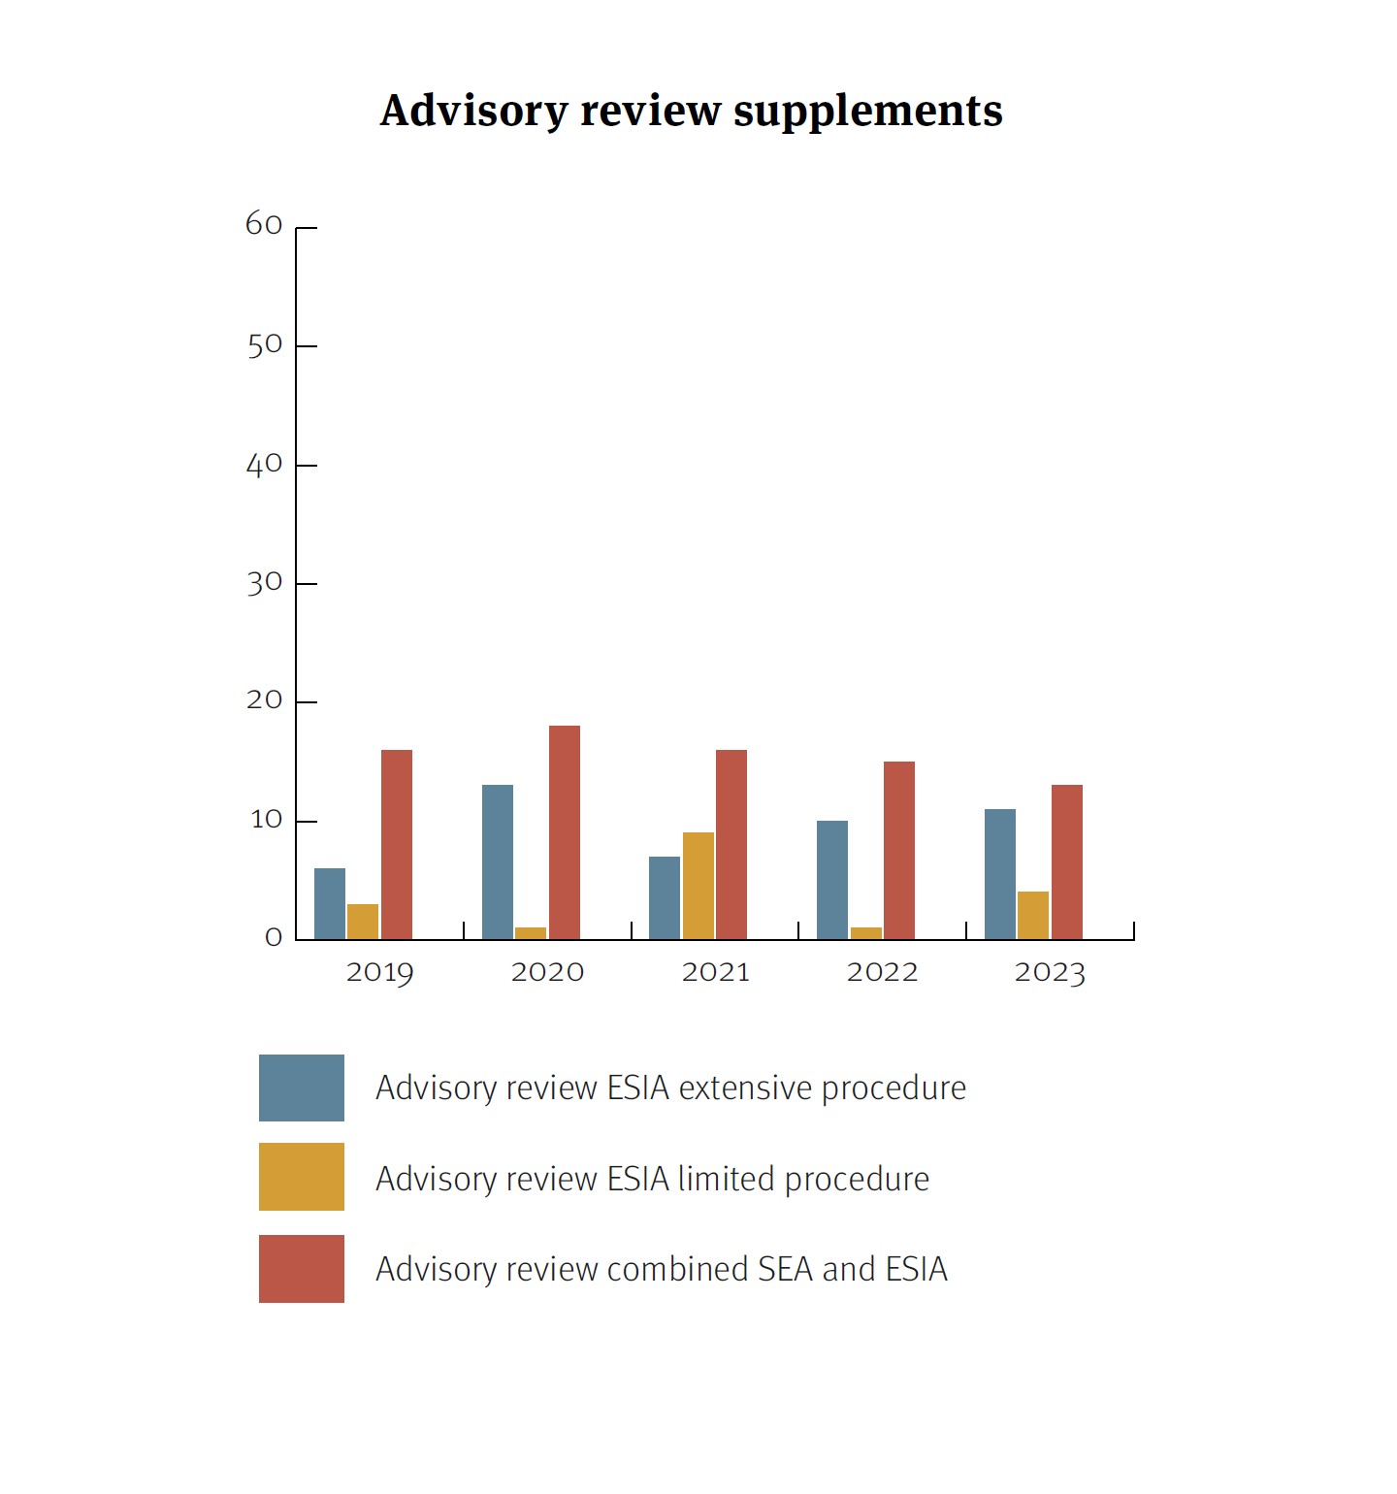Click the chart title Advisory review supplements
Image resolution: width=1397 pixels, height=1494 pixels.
click(x=691, y=111)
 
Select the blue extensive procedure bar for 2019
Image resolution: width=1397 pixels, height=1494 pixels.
click(x=330, y=904)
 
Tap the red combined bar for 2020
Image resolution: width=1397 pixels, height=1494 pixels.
click(x=565, y=832)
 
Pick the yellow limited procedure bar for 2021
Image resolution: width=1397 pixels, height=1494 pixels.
click(x=698, y=886)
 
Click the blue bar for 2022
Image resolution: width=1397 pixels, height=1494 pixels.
click(x=832, y=880)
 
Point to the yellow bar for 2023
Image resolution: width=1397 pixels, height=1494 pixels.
click(x=1033, y=916)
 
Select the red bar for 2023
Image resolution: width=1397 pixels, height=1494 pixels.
click(x=1067, y=861)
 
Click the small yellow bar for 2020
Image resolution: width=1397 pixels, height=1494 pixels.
click(x=531, y=933)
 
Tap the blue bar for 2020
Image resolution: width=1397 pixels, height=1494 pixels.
click(x=498, y=861)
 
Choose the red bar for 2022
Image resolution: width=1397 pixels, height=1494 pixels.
click(x=899, y=850)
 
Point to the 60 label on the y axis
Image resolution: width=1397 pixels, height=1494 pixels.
click(x=264, y=225)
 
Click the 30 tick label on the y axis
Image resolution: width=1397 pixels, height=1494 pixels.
click(x=264, y=583)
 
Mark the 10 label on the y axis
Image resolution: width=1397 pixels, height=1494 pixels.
click(x=266, y=821)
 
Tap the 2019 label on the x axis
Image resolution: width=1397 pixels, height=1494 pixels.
click(x=379, y=972)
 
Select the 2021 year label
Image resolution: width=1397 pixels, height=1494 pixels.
click(x=716, y=972)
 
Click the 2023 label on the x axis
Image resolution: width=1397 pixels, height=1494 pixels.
click(x=1050, y=972)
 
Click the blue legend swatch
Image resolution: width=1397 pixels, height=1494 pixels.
click(x=302, y=1088)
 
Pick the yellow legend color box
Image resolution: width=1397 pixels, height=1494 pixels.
click(x=302, y=1177)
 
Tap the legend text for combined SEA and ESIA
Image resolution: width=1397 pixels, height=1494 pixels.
click(x=662, y=1269)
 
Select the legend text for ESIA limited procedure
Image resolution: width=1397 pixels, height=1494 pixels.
click(x=652, y=1179)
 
